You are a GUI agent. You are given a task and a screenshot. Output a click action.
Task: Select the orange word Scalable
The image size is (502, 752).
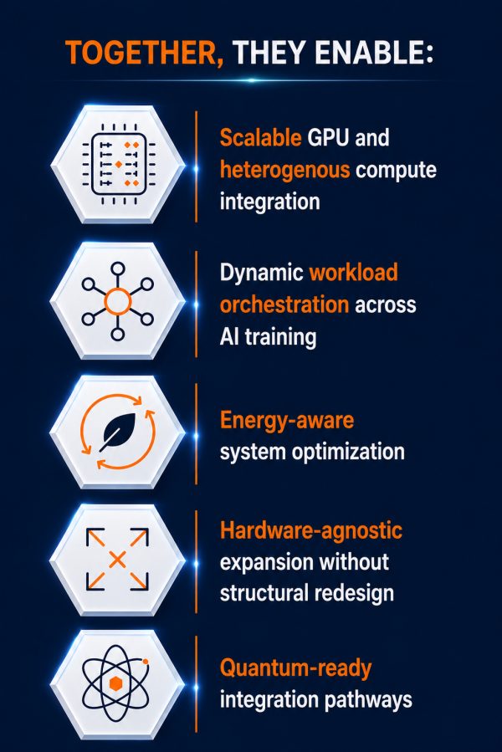(x=260, y=138)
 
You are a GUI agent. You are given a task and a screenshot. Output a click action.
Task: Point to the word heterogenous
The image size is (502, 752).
(x=285, y=170)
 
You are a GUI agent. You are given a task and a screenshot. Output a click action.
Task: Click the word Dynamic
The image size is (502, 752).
(x=262, y=274)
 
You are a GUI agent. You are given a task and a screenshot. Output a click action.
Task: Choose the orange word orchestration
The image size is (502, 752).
(x=284, y=304)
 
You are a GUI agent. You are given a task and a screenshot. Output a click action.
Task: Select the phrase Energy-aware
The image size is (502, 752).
(x=287, y=421)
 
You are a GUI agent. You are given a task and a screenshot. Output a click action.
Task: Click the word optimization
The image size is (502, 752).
(x=348, y=452)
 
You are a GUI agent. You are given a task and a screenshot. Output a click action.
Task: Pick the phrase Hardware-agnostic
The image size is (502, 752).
(x=311, y=531)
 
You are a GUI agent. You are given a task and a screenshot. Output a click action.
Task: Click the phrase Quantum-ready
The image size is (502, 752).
(x=295, y=668)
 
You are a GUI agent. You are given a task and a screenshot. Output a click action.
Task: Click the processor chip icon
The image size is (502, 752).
(x=119, y=164)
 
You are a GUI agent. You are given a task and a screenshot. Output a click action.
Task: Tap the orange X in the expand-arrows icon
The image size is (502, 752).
(x=118, y=560)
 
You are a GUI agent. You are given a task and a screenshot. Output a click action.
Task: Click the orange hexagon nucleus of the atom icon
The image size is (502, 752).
(x=115, y=683)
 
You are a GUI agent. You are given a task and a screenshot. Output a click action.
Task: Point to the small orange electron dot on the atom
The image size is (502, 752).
(x=145, y=662)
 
